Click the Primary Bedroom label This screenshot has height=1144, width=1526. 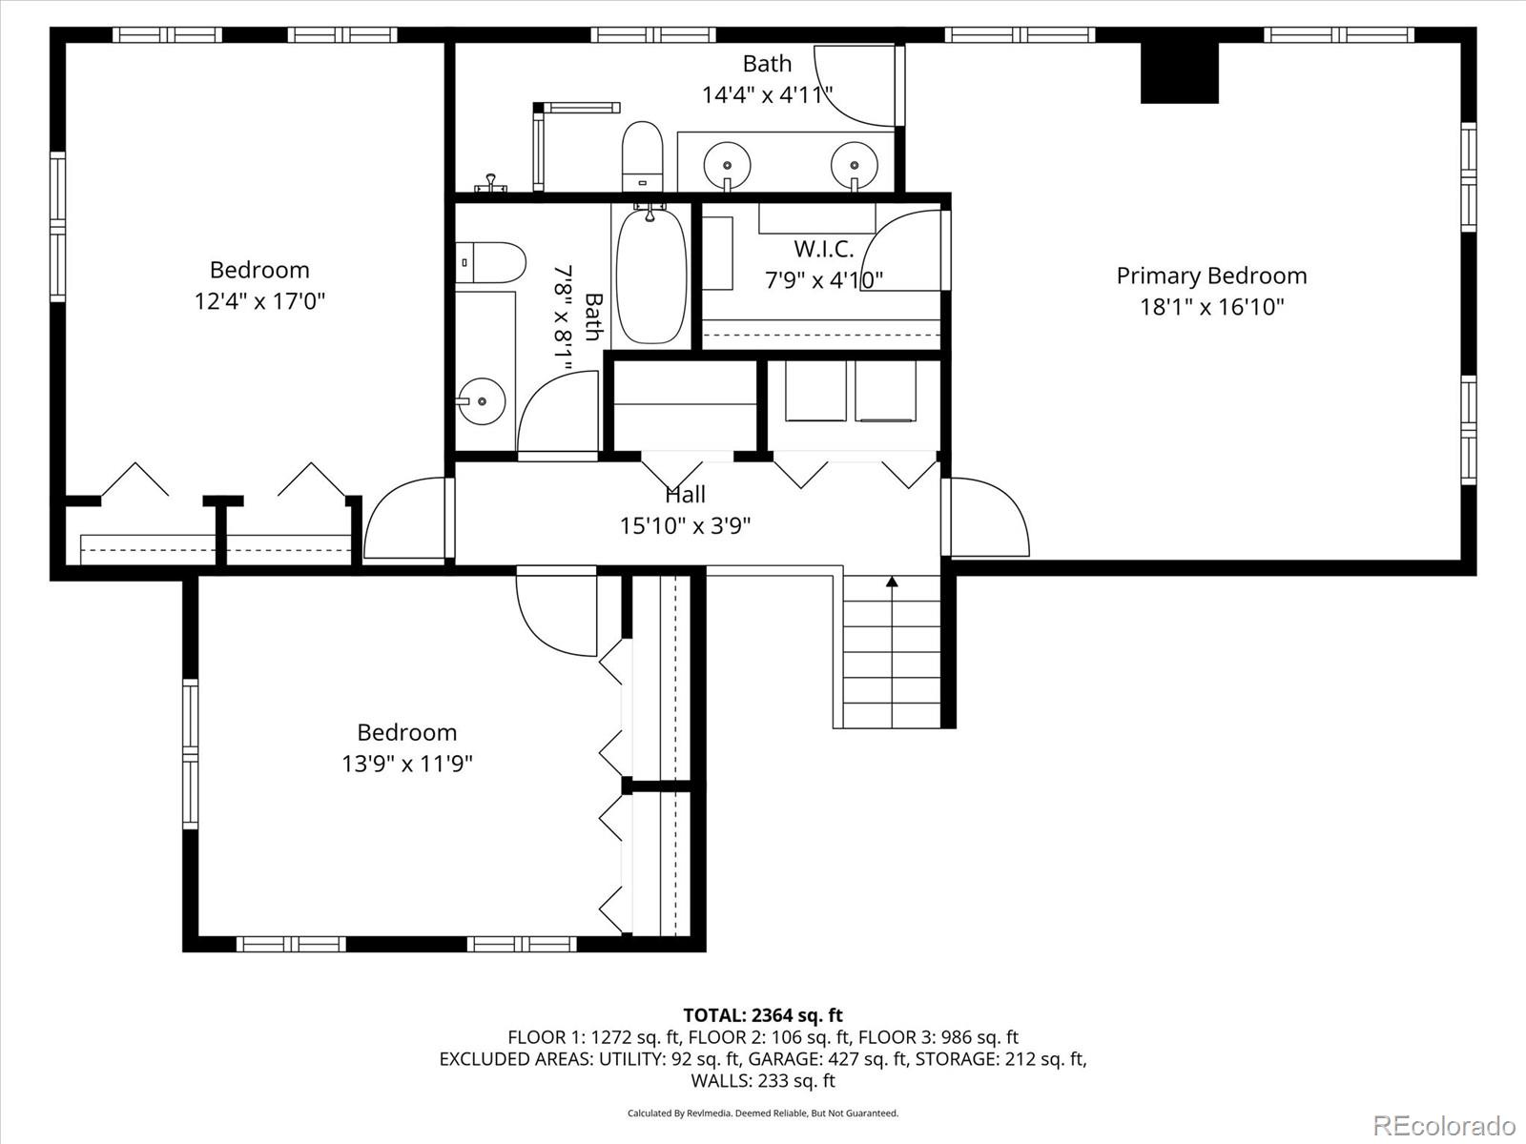pos(1211,276)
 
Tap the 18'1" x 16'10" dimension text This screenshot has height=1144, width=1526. pos(1211,307)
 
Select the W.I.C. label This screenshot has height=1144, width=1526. pos(824,250)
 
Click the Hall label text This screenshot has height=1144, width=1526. pos(685,494)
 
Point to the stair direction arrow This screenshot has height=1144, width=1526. pos(892,582)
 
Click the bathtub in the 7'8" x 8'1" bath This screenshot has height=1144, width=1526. pos(651,276)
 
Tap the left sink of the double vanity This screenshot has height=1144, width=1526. pos(727,163)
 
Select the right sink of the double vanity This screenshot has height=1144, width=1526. pos(854,163)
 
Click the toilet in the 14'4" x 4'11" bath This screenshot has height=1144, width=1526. pos(642,155)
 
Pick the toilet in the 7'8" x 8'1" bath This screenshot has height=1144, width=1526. pos(492,262)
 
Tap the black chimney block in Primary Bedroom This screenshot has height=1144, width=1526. pos(1180,72)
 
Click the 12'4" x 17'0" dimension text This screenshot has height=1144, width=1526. pos(259,301)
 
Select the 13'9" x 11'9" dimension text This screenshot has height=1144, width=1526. pos(407,764)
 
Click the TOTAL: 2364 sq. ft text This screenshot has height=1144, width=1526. pos(762,1015)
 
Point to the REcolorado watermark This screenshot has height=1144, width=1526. pos(1444,1125)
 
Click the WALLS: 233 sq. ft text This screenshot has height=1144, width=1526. pos(762,1080)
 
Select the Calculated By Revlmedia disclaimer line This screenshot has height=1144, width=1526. pos(762,1113)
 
